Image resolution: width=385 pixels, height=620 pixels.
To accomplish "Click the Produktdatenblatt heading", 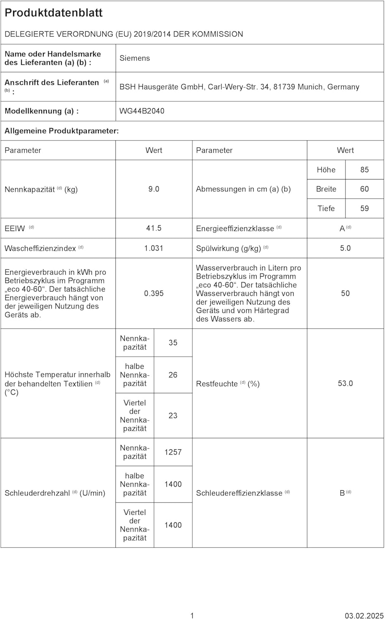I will point(53,13).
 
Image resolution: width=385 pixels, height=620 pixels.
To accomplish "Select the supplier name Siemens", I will point(135,58).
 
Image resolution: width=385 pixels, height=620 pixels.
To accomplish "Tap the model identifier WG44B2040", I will point(142,111).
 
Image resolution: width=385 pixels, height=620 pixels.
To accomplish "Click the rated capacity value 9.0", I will point(154,189).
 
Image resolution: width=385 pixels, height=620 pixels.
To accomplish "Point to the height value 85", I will point(364,170).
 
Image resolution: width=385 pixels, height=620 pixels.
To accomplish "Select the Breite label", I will point(326,189).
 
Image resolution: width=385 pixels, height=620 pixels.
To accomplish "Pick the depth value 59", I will point(364,209).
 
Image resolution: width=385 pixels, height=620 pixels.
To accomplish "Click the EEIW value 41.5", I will point(154,228).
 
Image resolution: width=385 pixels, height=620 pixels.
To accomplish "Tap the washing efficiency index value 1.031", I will point(154,248).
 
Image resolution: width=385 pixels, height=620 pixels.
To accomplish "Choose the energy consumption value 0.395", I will point(154,293).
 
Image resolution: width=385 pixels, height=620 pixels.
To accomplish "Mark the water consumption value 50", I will point(345,293).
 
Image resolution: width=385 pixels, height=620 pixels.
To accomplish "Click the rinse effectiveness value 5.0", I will point(345,248).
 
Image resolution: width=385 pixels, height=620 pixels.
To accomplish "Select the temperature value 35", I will point(173,343).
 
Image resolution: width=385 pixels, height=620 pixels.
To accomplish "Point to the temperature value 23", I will point(173,415).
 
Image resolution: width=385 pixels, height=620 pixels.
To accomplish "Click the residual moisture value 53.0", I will point(345,384).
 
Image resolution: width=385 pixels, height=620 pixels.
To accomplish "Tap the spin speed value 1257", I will point(173,452).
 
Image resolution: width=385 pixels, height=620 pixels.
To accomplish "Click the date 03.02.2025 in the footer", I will point(364,616).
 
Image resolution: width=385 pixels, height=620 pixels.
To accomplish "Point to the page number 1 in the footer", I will point(192,616).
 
